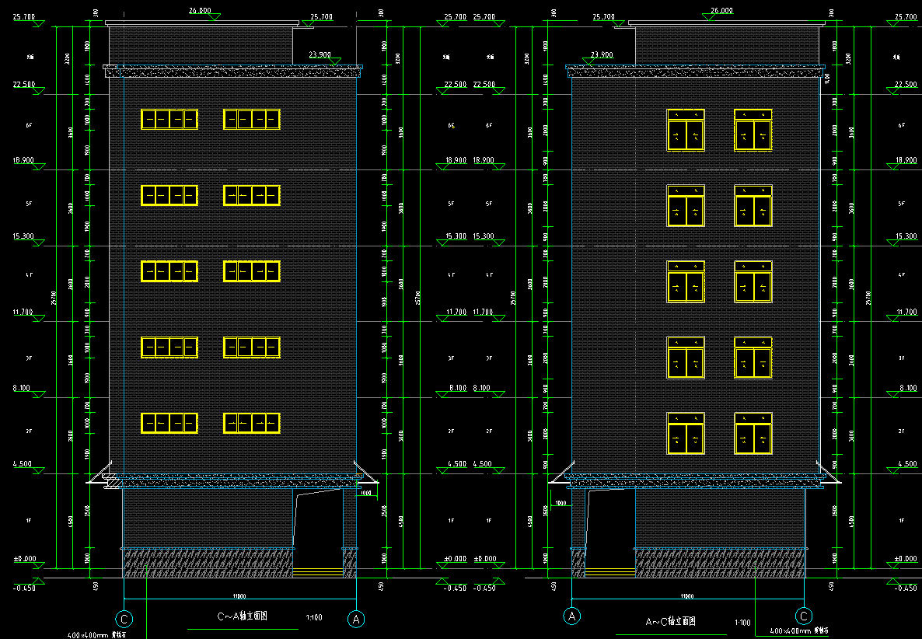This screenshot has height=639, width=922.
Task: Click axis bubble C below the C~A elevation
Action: [x=124, y=619]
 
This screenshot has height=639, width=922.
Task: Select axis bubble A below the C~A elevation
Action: [x=356, y=619]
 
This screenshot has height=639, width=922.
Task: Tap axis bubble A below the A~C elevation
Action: [x=572, y=616]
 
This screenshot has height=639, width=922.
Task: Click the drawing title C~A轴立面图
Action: [x=242, y=616]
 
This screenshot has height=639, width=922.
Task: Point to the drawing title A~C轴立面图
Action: [x=671, y=622]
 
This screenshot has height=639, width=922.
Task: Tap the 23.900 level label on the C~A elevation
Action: [x=320, y=55]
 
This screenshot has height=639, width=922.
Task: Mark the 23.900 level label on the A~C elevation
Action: [x=602, y=55]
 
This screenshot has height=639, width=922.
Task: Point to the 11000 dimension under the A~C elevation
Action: [x=687, y=596]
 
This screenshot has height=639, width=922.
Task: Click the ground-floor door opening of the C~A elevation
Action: [x=318, y=532]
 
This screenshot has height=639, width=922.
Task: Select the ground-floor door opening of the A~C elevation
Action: [x=610, y=532]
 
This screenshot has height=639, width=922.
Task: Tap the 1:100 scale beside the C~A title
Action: [x=315, y=617]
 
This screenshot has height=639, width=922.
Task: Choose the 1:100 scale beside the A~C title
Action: [x=742, y=623]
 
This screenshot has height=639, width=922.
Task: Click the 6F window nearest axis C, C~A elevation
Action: [x=169, y=119]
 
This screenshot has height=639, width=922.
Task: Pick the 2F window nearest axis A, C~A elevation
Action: [x=252, y=423]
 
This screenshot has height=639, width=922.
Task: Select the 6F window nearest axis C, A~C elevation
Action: [x=753, y=130]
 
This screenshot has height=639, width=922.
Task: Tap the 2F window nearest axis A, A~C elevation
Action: [x=686, y=433]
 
